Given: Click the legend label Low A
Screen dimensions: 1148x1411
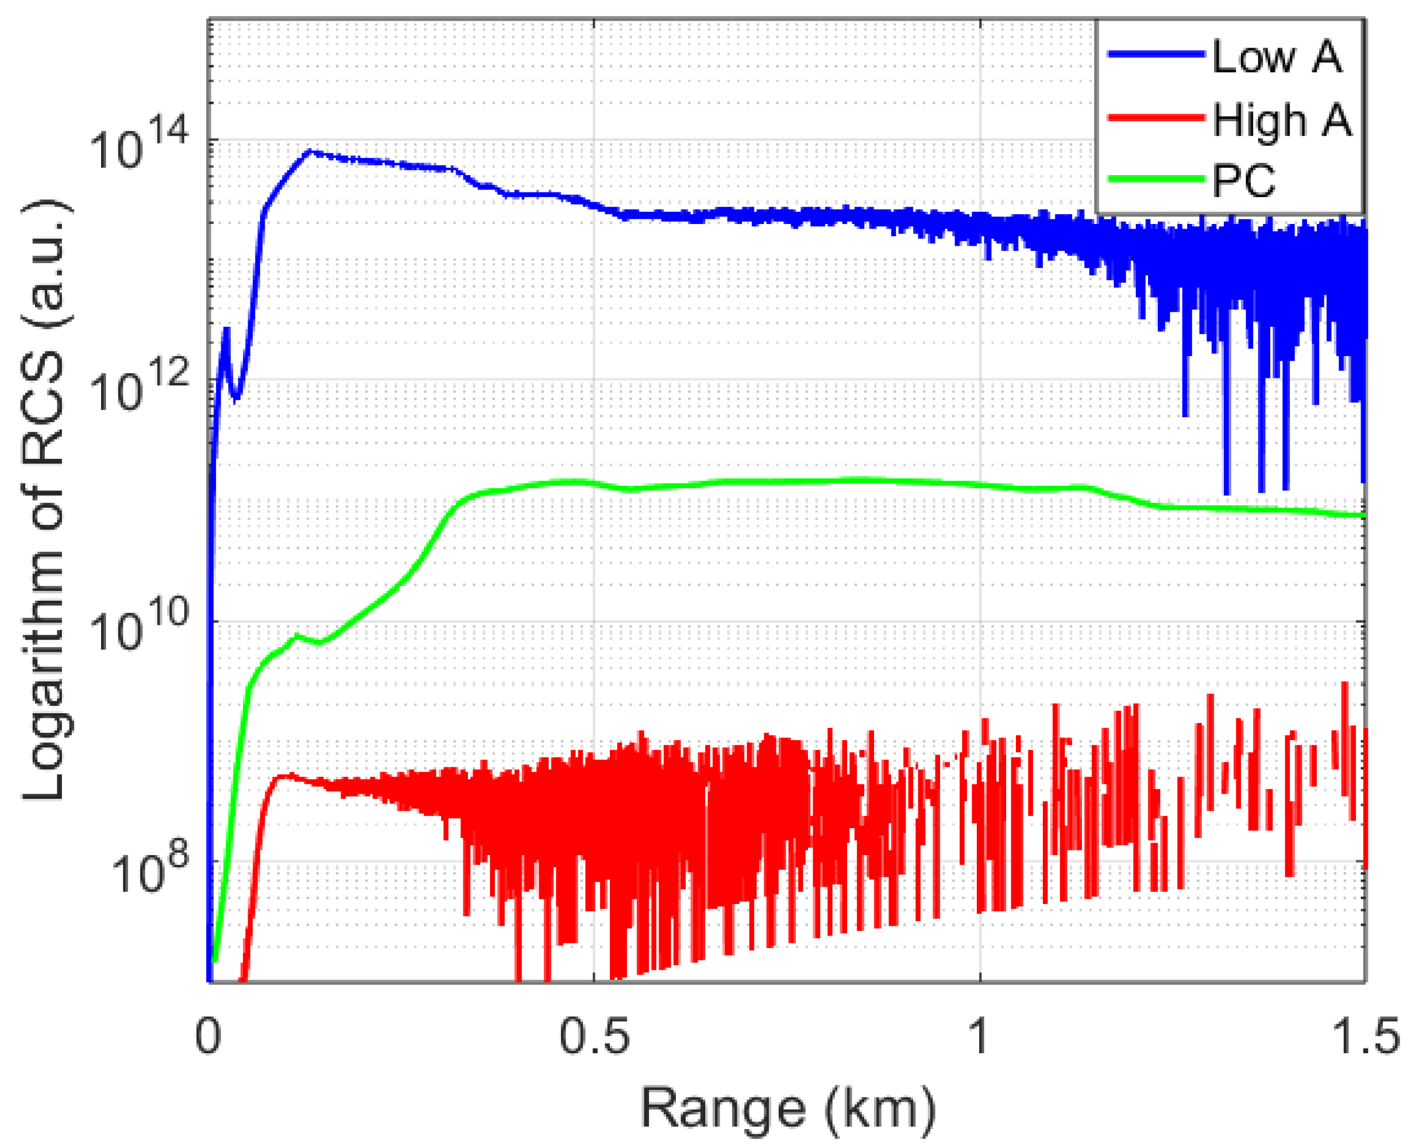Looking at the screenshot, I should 1277,57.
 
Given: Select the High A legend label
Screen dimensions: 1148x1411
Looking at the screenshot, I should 1282,121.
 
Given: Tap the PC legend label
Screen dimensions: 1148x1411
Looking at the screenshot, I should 1244,180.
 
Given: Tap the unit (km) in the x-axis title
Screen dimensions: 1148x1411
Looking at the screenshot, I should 880,1109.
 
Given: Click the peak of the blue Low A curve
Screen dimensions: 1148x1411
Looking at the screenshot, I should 310,152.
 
